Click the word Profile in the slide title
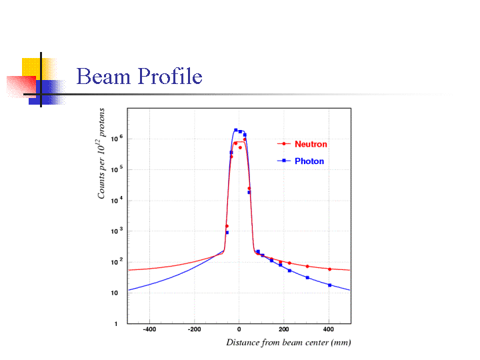[169, 77]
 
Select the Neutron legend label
[311, 144]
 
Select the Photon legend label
[309, 161]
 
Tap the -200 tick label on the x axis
[194, 329]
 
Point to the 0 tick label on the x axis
[239, 329]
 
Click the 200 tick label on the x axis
[284, 329]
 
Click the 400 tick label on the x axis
[329, 329]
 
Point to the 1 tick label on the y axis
[117, 324]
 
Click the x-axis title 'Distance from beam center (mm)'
[288, 343]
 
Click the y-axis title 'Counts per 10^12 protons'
[102, 153]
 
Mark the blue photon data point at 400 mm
[329, 285]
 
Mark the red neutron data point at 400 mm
[329, 269]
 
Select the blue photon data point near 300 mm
[307, 277]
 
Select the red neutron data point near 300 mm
[307, 267]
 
